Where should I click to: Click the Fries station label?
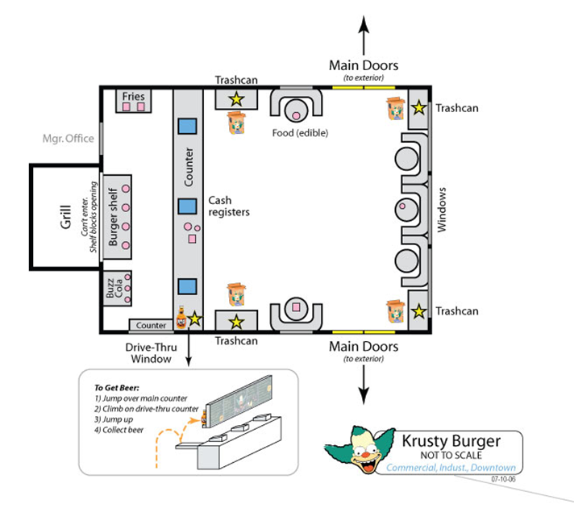(x=133, y=97)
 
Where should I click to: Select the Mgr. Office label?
(x=68, y=139)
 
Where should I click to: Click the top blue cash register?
(x=188, y=127)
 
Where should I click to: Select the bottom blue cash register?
(x=188, y=286)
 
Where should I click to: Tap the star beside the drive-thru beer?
(x=194, y=319)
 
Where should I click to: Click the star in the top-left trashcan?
(x=235, y=99)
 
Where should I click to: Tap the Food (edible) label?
(x=300, y=133)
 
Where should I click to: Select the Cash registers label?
(x=228, y=206)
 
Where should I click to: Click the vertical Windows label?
(x=441, y=210)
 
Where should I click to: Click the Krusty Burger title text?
(x=452, y=440)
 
